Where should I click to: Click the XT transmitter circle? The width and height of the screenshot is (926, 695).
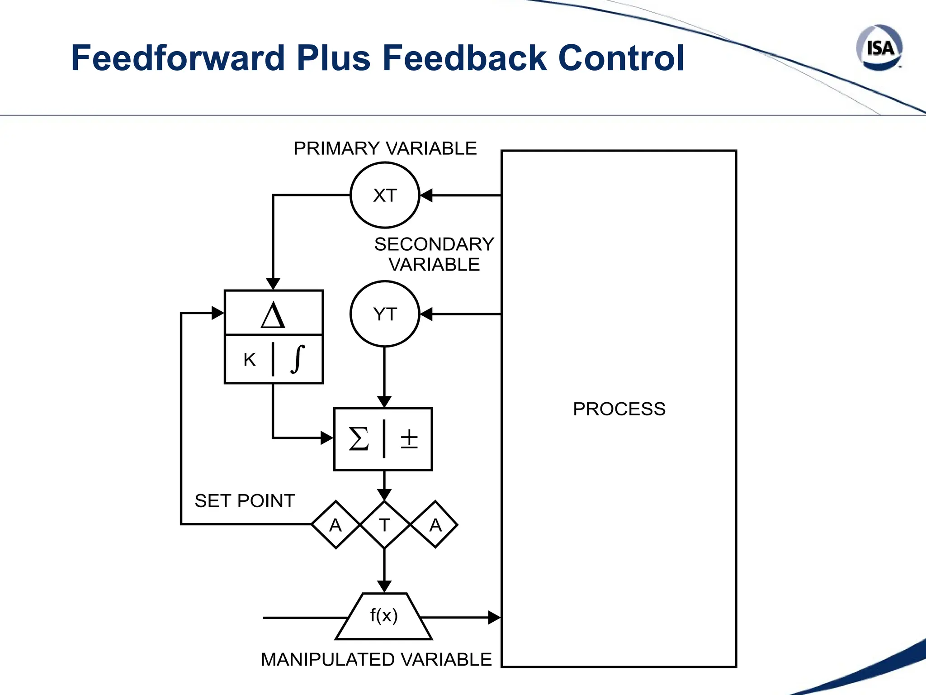[385, 195]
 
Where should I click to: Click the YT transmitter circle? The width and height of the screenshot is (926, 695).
[385, 314]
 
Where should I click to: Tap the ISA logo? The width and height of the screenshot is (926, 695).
[879, 48]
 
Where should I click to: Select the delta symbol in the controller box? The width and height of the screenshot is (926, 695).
[273, 315]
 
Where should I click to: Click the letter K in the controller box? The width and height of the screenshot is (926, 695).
[250, 360]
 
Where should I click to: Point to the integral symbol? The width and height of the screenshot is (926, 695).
[298, 359]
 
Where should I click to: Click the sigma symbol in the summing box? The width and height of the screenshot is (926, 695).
[359, 439]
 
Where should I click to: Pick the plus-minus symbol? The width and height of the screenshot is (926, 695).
[409, 439]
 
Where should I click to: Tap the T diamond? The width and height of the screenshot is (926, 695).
[384, 525]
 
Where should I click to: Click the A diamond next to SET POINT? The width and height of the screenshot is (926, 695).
[335, 525]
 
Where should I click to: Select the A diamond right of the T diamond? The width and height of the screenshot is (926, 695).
[435, 525]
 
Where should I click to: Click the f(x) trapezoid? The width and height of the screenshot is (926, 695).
[384, 616]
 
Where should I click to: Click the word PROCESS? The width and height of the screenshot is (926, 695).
[619, 409]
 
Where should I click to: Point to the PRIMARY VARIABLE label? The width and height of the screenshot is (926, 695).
[385, 148]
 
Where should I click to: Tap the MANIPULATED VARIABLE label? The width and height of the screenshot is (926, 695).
[376, 660]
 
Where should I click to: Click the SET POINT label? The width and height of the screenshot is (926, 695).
[245, 501]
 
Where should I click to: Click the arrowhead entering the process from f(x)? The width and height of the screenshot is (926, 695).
[494, 617]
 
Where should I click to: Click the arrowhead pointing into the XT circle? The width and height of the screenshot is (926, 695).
[426, 195]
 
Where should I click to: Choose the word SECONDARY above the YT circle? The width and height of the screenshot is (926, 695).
[434, 244]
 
